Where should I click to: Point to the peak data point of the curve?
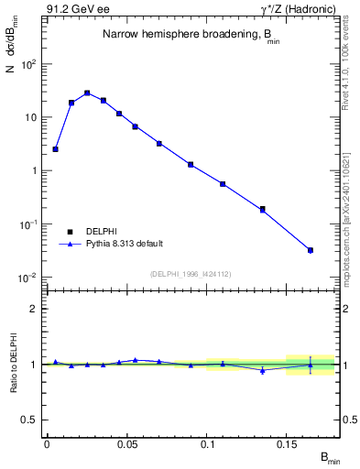(x=87, y=93)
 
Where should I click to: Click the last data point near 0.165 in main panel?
(x=311, y=250)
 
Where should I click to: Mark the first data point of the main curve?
(x=55, y=148)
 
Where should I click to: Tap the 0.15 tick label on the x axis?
(x=287, y=444)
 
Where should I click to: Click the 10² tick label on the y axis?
(x=30, y=64)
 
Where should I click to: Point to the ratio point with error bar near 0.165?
(x=311, y=365)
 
